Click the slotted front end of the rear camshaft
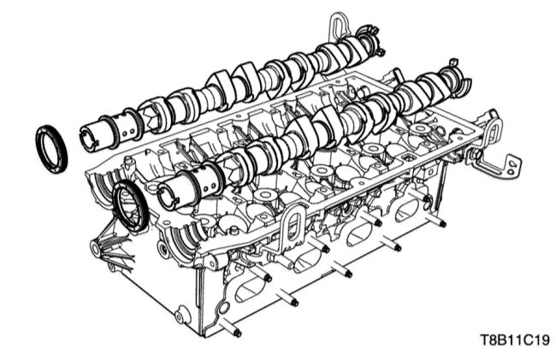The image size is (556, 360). [87, 139]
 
